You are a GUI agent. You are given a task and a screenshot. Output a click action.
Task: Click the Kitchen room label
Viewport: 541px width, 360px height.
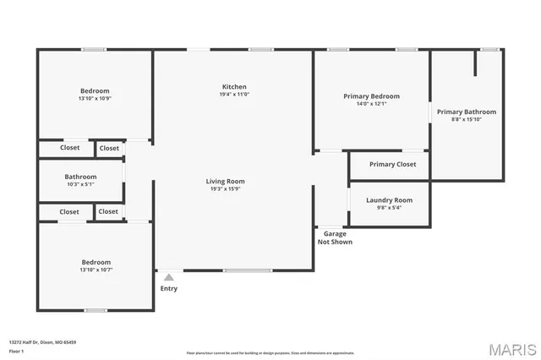tap(234, 87)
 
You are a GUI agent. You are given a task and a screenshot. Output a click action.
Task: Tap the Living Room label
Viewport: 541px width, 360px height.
tap(225, 181)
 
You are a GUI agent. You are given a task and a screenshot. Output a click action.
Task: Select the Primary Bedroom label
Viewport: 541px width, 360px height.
tap(371, 96)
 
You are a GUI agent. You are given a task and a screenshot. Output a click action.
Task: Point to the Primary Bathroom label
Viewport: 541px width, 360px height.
tap(466, 112)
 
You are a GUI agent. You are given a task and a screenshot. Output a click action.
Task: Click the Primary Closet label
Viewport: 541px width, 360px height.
tap(393, 164)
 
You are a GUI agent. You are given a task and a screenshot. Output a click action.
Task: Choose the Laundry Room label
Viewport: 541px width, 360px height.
tap(389, 200)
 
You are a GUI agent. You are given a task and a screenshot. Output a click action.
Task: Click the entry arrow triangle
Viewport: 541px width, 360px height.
tap(169, 277)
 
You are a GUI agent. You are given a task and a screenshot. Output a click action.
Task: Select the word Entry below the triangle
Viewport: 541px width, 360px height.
tap(169, 289)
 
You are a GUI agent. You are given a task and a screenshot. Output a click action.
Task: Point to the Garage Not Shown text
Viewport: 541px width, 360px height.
tap(335, 237)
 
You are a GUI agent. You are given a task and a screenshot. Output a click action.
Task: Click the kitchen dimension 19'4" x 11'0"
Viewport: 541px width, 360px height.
tap(234, 95)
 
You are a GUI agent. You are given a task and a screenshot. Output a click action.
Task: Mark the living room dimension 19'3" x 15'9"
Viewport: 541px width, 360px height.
tap(225, 188)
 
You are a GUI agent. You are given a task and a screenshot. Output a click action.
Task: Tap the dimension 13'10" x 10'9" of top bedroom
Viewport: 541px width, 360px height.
tap(95, 99)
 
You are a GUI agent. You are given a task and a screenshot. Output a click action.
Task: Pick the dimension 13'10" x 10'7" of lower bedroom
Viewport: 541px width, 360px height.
tap(95, 270)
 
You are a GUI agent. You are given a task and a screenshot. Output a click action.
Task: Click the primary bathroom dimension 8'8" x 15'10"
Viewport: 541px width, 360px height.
tap(466, 119)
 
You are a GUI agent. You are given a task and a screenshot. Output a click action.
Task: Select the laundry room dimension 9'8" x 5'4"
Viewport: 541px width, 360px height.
tap(389, 208)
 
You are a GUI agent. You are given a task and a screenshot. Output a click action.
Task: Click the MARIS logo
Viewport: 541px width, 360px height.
tap(511, 349)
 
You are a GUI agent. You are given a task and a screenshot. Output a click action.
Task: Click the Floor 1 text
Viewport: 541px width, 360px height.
tap(16, 351)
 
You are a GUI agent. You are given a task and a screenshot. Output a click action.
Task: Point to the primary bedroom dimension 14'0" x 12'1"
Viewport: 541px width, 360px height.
tap(371, 104)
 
